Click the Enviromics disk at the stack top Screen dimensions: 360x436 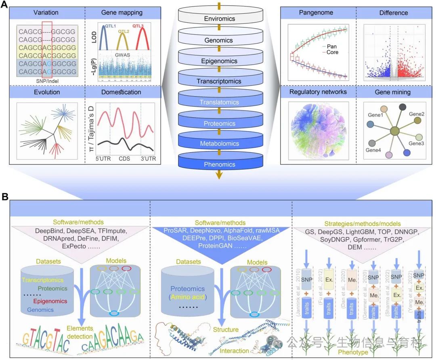(219, 19)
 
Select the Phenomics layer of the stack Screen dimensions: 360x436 (219, 164)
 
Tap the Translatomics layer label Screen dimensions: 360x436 (219, 103)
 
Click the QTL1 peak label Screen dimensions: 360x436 (108, 25)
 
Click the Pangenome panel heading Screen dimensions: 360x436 (316, 13)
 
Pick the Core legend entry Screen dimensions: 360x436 (333, 52)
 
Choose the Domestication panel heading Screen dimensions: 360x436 (121, 92)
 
